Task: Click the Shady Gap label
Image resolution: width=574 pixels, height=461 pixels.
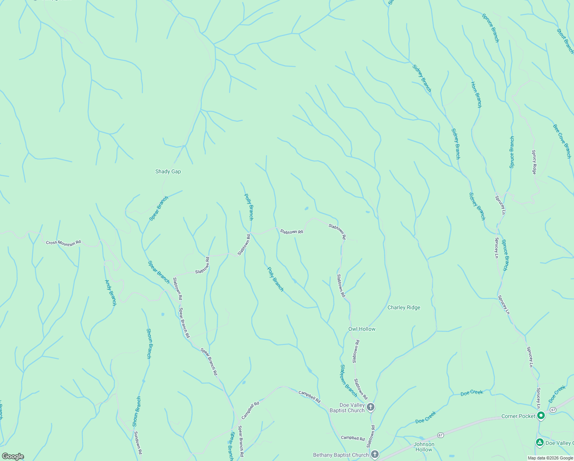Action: (168, 171)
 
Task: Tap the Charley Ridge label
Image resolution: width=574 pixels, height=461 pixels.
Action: (404, 307)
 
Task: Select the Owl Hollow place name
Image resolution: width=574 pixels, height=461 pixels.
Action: (362, 329)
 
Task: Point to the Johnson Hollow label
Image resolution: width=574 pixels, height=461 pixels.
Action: (424, 447)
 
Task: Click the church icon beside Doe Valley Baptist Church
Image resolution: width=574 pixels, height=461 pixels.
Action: (370, 407)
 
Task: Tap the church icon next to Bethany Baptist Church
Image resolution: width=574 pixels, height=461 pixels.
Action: (375, 454)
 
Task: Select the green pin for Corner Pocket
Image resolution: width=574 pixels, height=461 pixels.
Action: (541, 415)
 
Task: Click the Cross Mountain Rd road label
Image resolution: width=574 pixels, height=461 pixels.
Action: (63, 243)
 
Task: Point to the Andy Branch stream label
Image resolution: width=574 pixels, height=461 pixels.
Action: (111, 292)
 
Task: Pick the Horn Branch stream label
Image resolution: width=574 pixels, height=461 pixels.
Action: (476, 95)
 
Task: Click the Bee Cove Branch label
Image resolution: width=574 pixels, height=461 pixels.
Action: (562, 141)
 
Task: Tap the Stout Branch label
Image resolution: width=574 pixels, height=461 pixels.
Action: (565, 41)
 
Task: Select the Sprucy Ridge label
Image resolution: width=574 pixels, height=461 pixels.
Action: (534, 162)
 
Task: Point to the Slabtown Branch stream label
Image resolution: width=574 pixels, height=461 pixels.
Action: (348, 380)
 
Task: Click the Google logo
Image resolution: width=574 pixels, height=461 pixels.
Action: (13, 456)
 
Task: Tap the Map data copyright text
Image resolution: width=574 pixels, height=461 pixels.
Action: (550, 458)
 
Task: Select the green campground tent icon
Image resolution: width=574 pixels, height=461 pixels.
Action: (539, 443)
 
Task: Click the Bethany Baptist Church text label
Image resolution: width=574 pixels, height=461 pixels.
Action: (341, 455)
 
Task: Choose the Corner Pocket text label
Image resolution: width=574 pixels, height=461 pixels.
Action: (518, 416)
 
